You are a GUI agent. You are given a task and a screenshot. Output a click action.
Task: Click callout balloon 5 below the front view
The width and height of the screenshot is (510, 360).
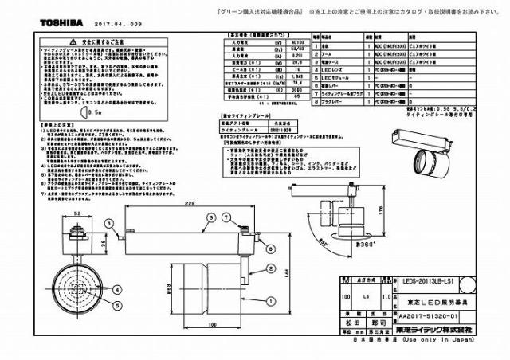pyautogui.click(x=116, y=304)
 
